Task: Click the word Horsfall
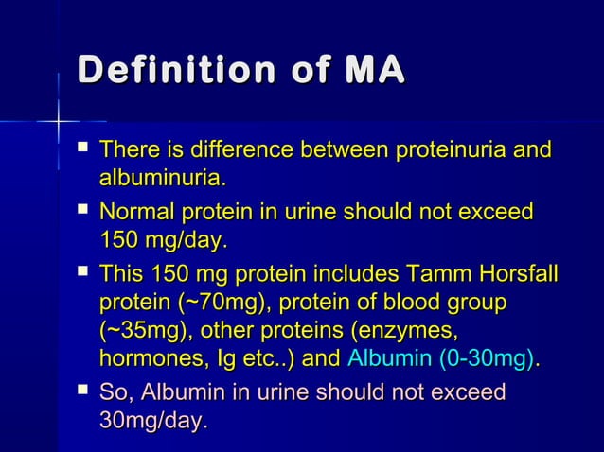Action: pos(513,275)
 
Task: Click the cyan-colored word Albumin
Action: pos(386,358)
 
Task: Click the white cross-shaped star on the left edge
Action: pos(59,122)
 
